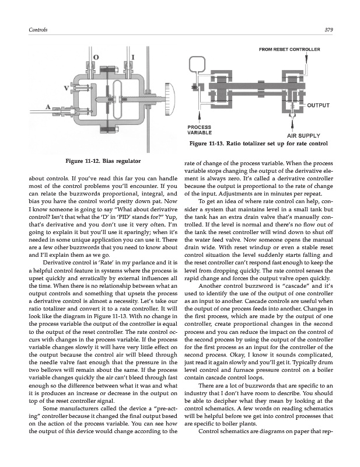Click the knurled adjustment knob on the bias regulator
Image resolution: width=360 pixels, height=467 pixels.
(170, 96)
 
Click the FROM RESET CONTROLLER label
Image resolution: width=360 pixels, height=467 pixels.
(289, 49)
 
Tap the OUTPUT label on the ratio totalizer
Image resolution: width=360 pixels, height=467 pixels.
(319, 105)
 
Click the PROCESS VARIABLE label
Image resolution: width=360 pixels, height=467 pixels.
(200, 130)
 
